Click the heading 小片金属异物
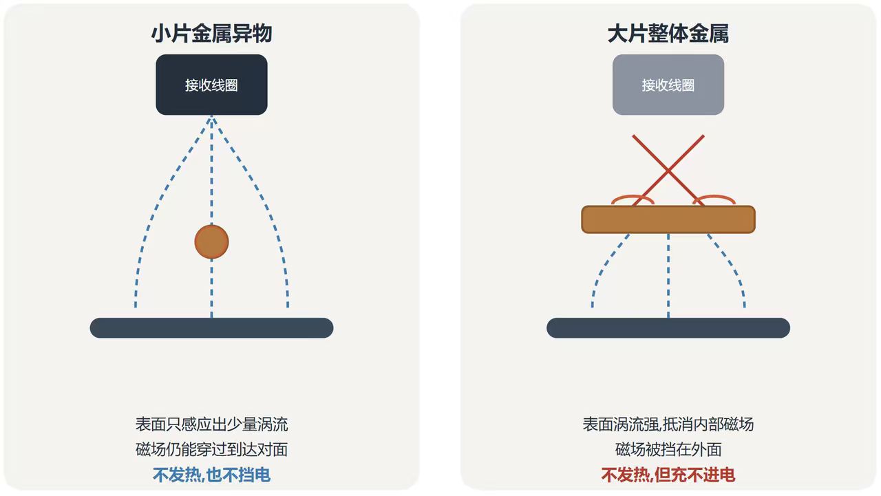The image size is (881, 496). click(x=211, y=34)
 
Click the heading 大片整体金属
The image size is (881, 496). click(x=668, y=34)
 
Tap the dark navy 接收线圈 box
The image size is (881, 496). click(x=211, y=85)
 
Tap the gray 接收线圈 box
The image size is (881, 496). click(x=668, y=85)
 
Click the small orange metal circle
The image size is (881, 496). click(x=211, y=241)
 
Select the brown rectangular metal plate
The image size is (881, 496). click(x=668, y=219)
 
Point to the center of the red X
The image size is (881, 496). click(x=668, y=170)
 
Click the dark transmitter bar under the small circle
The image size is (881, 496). click(x=211, y=327)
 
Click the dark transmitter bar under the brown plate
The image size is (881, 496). click(x=668, y=327)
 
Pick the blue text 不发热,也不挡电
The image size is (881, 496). click(x=211, y=475)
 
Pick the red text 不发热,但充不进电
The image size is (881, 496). click(x=668, y=475)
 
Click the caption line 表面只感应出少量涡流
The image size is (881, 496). click(x=211, y=424)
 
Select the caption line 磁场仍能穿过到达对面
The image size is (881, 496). click(x=211, y=449)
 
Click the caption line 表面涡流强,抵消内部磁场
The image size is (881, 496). click(x=668, y=424)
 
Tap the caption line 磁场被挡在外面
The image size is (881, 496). click(x=668, y=449)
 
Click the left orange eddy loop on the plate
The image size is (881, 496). click(x=633, y=196)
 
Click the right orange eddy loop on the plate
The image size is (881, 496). click(x=714, y=196)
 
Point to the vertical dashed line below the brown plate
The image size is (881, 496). click(x=668, y=275)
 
